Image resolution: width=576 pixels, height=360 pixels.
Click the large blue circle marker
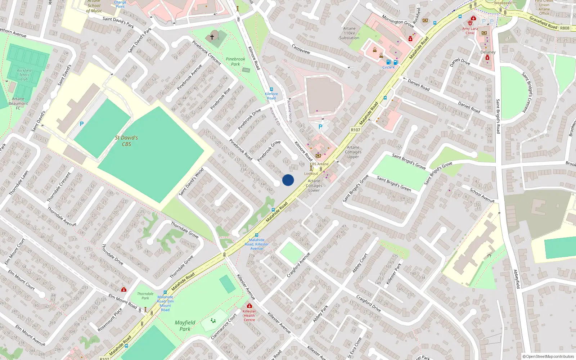[288, 180]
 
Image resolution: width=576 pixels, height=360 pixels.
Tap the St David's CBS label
[126, 141]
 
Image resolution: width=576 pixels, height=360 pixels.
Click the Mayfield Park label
[185, 325]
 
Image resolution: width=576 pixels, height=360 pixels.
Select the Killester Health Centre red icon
[249, 306]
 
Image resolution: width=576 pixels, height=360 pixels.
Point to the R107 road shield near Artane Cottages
[355, 130]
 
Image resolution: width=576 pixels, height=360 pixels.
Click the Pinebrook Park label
[235, 62]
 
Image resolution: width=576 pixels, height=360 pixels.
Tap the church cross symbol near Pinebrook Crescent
[212, 37]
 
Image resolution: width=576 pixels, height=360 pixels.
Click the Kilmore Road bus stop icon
[271, 89]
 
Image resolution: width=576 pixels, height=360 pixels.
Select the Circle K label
[388, 67]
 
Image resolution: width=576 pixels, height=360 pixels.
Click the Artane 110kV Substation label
[349, 33]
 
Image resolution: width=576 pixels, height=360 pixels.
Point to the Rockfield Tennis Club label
[24, 75]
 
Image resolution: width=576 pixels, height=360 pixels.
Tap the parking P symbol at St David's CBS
[82, 124]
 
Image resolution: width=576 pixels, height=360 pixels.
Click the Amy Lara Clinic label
[470, 31]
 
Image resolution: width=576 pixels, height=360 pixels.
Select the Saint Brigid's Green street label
[393, 184]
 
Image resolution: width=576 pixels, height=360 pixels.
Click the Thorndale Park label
[145, 296]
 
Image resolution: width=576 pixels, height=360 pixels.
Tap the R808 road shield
[564, 28]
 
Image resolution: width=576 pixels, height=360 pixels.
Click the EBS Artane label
[319, 164]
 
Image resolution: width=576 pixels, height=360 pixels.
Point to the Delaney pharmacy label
[488, 52]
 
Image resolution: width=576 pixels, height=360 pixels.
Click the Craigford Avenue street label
[298, 265]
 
